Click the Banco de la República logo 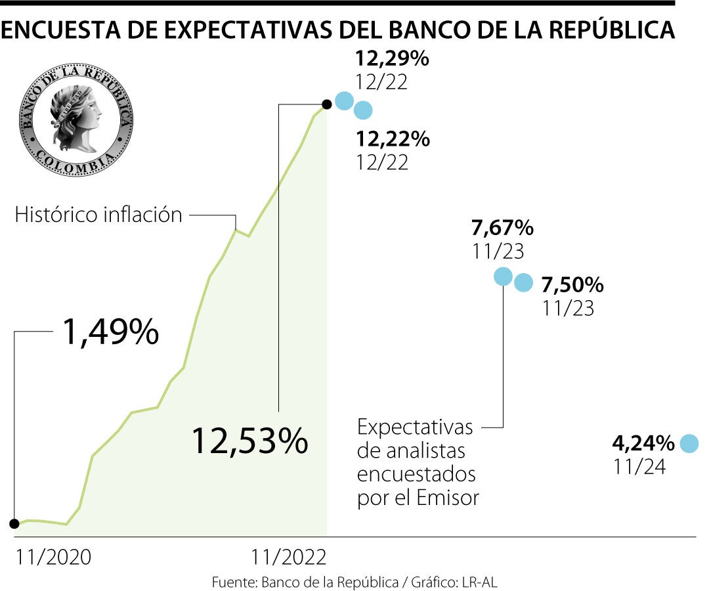click(76, 120)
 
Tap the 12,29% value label click(392, 60)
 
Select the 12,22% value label click(392, 139)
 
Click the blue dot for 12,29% click(343, 100)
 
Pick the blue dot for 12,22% click(362, 110)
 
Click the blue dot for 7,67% click(503, 276)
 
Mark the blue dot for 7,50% click(523, 283)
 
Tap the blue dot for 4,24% click(689, 444)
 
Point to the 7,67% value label click(502, 229)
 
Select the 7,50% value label click(572, 285)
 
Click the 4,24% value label click(643, 444)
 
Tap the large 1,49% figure click(110, 332)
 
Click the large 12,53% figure click(249, 441)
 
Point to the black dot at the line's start click(14, 523)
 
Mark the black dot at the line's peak click(326, 104)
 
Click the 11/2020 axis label click(54, 558)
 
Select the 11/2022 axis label click(289, 558)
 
